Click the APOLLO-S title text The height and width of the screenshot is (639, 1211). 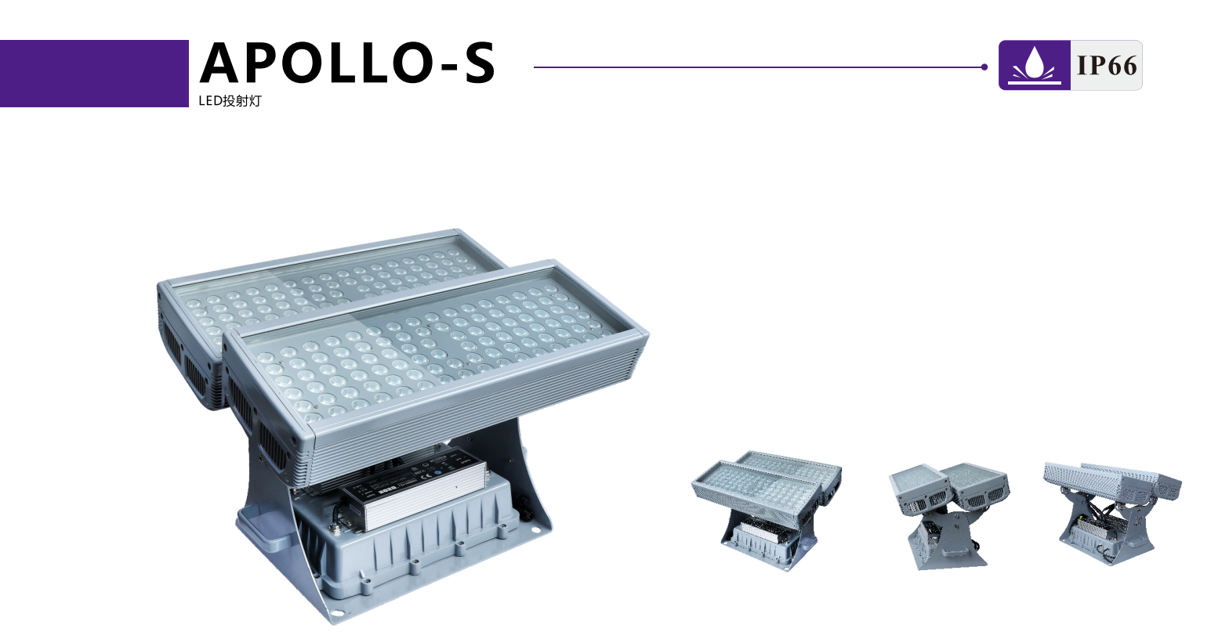[347, 63]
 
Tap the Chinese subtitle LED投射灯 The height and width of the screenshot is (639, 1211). [230, 101]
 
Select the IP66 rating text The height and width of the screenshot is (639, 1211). [1107, 65]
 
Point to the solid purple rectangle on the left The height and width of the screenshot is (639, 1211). [94, 74]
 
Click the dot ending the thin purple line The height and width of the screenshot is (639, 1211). [984, 67]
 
